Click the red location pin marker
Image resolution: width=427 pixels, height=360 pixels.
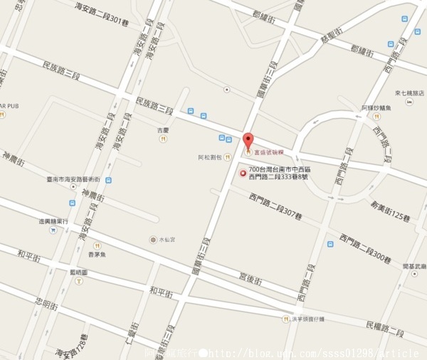click(x=248, y=140)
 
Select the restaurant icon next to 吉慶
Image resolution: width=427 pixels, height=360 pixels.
click(x=164, y=140)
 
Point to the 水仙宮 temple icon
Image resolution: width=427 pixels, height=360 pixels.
click(x=152, y=240)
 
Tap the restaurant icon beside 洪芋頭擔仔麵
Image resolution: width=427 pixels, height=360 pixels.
click(x=286, y=319)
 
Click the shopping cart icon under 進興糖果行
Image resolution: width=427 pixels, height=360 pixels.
click(x=53, y=231)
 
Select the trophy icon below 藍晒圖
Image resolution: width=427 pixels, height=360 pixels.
click(x=78, y=280)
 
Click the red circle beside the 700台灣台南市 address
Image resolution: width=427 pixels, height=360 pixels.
click(x=242, y=173)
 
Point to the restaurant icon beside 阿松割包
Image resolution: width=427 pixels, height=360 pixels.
click(x=227, y=157)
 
